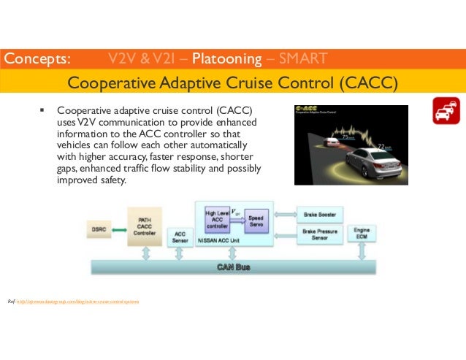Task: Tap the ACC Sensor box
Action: pos(180,237)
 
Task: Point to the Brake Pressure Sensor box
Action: pos(318,234)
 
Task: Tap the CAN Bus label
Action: pos(233,267)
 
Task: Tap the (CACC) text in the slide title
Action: pos(368,80)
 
